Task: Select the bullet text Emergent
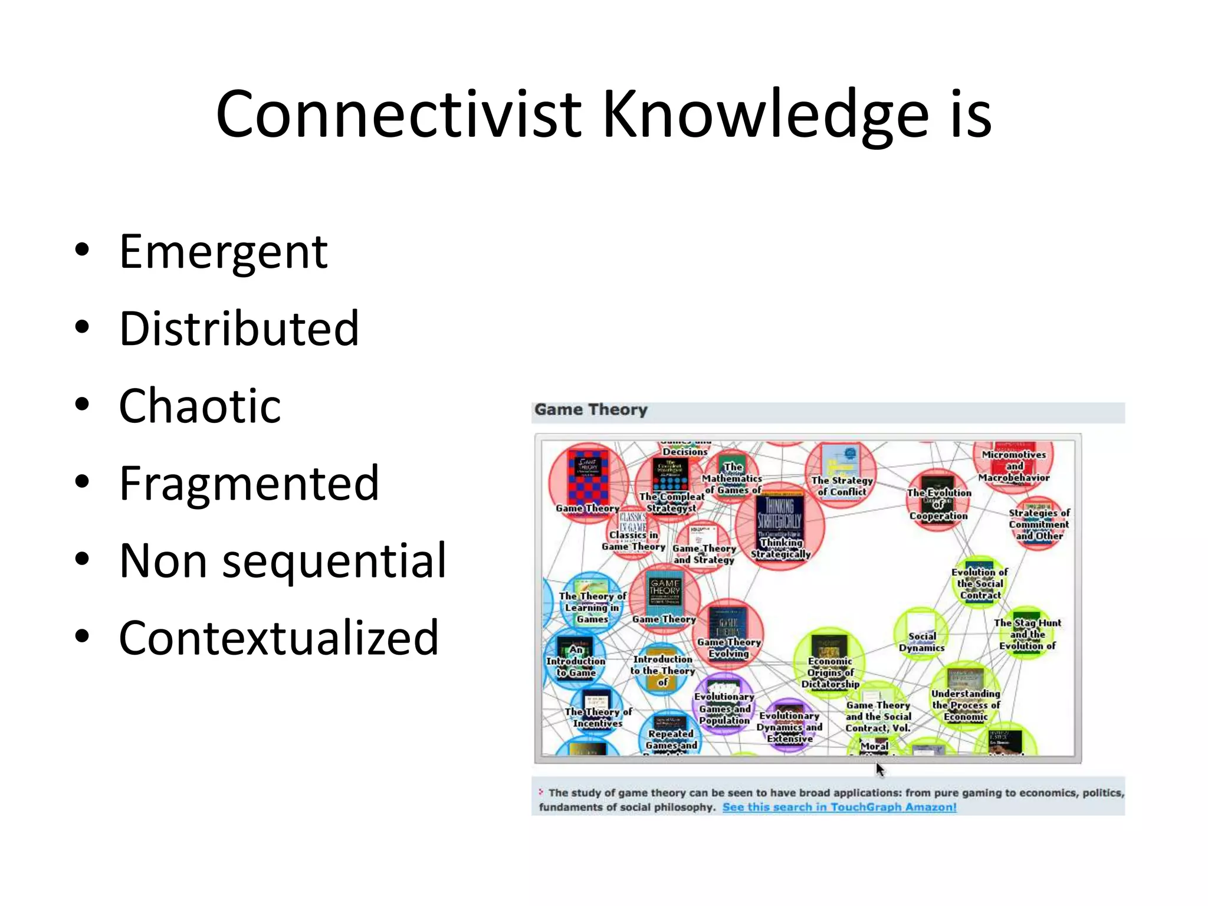click(223, 252)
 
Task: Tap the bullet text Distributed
click(239, 329)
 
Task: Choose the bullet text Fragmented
click(249, 483)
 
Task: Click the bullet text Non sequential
click(283, 560)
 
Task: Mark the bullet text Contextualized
click(279, 638)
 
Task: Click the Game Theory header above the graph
click(590, 409)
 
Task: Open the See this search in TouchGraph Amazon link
click(839, 807)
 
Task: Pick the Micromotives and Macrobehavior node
click(1013, 463)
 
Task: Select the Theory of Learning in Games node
click(592, 602)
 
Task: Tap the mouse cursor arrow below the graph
click(879, 769)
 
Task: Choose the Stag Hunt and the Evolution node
click(1027, 632)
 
